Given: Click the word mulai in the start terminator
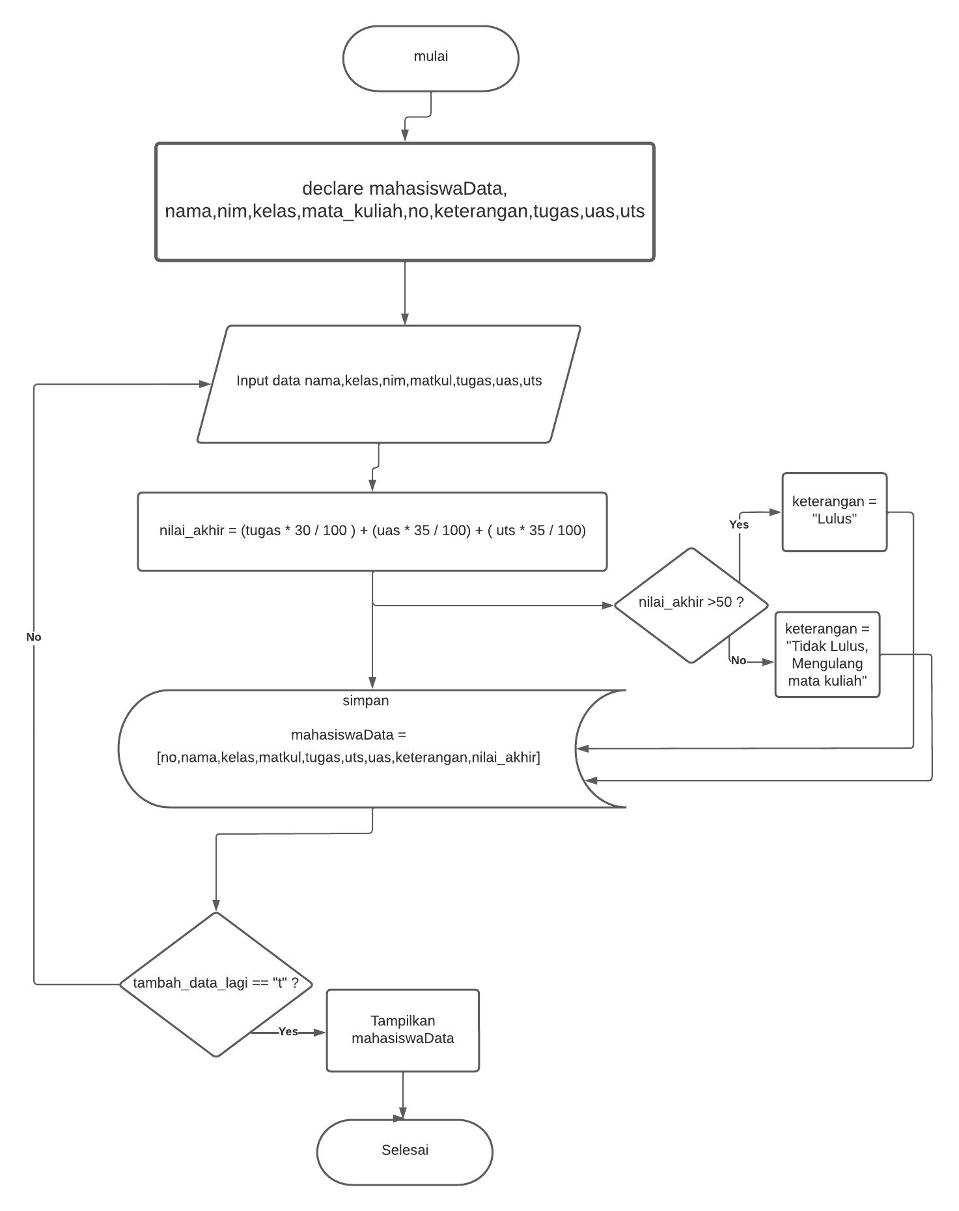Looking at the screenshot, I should (430, 57).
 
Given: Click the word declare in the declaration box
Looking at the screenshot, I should (333, 189).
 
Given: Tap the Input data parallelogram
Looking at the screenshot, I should (389, 383).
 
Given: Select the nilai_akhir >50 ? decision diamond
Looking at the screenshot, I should (691, 605).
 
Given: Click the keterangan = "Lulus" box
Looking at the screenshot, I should (834, 512).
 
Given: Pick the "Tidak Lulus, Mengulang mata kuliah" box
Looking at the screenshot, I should (827, 654).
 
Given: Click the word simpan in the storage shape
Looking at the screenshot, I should (365, 701).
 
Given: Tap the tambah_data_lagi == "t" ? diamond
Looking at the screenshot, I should (215, 984).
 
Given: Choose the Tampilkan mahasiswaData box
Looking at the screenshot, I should (402, 1030).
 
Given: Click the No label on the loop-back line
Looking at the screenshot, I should (34, 637).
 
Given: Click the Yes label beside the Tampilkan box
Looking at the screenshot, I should (288, 1031).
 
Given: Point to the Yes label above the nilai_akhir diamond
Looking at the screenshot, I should (738, 525).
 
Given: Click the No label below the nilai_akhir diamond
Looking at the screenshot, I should (738, 660).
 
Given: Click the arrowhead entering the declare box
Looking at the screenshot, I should (405, 135).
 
